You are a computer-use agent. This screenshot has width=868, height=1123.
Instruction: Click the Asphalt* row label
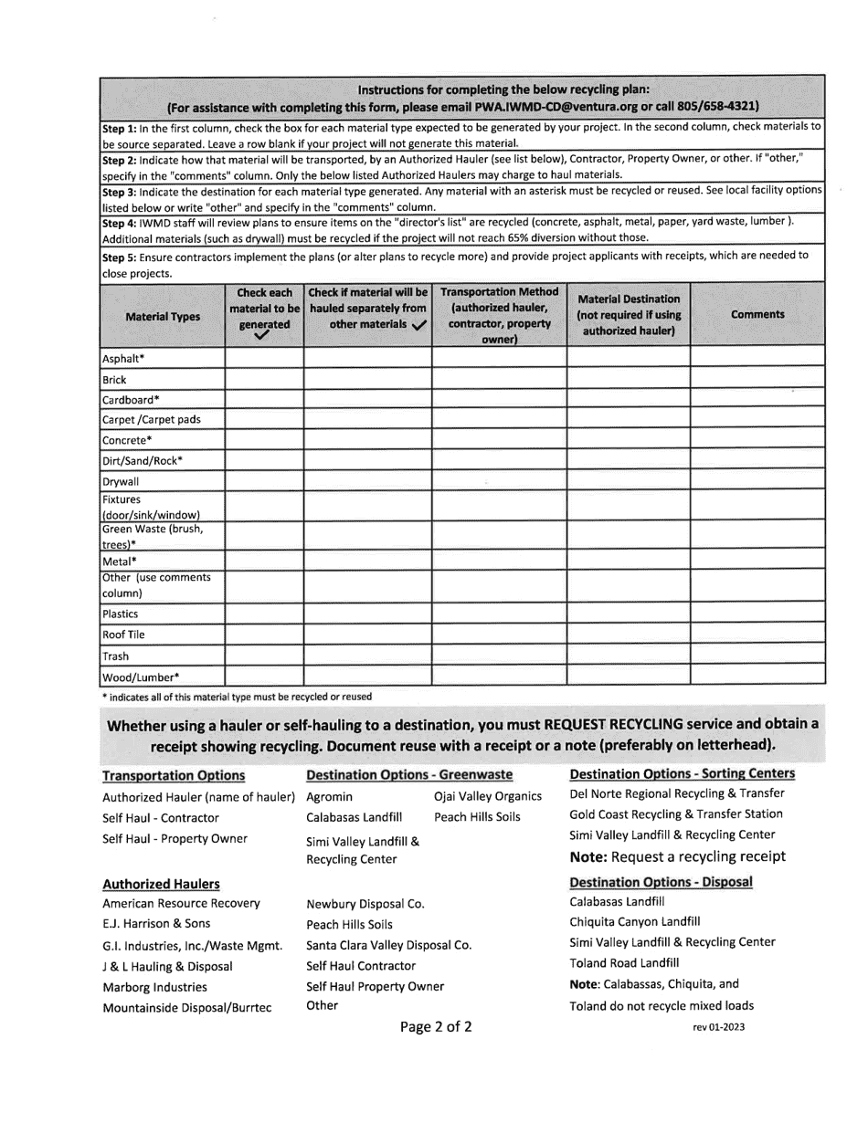(x=122, y=358)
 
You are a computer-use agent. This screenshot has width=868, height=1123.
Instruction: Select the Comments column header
(x=757, y=314)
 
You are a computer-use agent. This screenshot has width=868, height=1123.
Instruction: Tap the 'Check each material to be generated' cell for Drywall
(x=264, y=481)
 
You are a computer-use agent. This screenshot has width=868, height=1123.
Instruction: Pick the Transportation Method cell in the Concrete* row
(x=499, y=440)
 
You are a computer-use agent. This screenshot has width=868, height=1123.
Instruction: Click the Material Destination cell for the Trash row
(x=628, y=656)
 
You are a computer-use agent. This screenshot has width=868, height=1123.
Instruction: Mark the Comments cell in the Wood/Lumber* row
(x=757, y=677)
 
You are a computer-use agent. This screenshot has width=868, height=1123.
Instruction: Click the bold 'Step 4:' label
(x=119, y=221)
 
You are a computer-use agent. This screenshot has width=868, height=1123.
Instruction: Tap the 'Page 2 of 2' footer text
(x=436, y=1027)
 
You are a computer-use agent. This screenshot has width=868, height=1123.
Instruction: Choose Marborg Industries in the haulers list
(x=154, y=986)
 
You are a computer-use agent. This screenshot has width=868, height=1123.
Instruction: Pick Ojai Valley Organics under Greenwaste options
(x=488, y=796)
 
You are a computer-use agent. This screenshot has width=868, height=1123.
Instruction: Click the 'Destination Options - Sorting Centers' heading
(x=682, y=774)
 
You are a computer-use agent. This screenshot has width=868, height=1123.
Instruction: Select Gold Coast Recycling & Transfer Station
(x=676, y=813)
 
